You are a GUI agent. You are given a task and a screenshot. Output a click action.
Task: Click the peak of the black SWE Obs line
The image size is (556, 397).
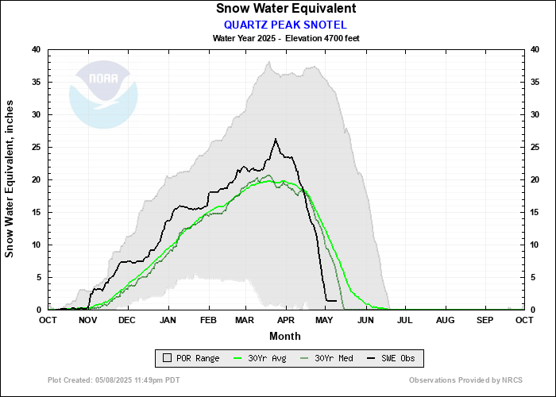point(275,140)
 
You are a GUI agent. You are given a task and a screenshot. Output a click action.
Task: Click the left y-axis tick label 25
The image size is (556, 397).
point(36,147)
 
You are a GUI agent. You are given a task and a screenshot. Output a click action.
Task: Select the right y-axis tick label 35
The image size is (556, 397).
point(537,82)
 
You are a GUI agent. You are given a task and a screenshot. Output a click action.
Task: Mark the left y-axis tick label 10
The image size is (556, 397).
point(36,245)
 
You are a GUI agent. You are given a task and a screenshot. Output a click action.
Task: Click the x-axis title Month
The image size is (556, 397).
point(285,336)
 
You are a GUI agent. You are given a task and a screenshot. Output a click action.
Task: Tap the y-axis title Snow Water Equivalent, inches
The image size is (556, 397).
point(10,179)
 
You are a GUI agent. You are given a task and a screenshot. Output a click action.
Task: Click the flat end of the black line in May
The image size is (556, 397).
point(331,300)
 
